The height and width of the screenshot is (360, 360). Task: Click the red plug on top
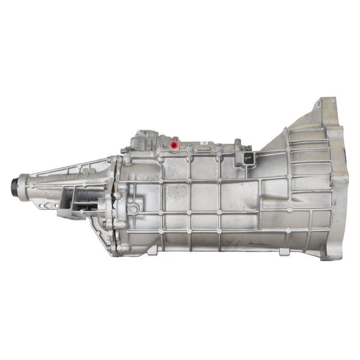pos(173,146)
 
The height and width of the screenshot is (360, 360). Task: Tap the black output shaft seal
pos(15,185)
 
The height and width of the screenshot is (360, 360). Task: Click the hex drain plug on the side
pos(133,208)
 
